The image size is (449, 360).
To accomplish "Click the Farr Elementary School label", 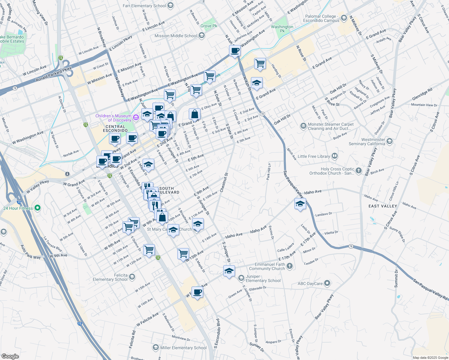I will coord(144,6).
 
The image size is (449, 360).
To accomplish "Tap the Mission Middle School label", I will coord(176,36).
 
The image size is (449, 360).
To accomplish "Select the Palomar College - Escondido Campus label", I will coord(321,19).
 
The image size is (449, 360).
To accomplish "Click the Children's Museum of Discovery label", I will coord(113,118).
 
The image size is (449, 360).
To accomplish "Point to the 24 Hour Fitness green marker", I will coord(38,208).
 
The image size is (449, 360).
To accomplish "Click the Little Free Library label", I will coord(314,156).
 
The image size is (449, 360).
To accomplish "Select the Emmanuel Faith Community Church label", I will coord(267,266).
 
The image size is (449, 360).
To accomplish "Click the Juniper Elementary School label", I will coord(263,279).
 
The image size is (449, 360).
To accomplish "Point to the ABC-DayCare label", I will coord(310,283).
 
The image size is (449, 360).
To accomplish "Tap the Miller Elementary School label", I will coord(183,348).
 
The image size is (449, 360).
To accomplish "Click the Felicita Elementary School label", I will coord(110,277).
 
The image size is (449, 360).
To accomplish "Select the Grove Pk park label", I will coord(209,26).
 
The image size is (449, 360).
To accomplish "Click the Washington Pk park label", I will coord(282,28).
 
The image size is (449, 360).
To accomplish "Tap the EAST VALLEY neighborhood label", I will coord(383,206).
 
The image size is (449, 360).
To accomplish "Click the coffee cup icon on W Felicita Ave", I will coord(197,292).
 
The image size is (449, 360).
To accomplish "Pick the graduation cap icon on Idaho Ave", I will coord(300,204).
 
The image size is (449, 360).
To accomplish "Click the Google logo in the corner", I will coord(10,356).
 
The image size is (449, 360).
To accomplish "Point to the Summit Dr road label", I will coord(396,279).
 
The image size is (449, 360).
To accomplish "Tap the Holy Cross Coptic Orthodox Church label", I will coord(332,171).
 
